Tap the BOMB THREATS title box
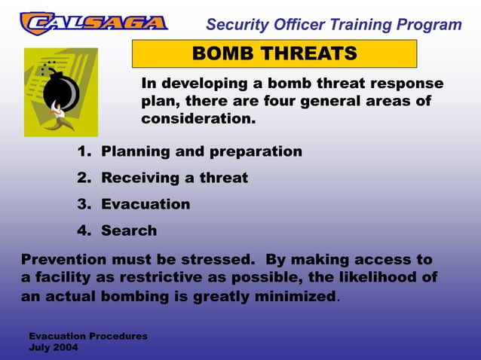tap(274, 54)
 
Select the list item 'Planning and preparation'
tap(201, 151)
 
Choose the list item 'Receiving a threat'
tap(174, 178)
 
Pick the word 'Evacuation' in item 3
tap(146, 204)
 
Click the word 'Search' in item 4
tap(129, 230)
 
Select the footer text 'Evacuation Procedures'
tap(87, 335)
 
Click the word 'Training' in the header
tap(354, 24)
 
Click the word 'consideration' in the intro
tap(196, 119)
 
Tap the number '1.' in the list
tap(84, 151)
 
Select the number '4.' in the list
tap(84, 230)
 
